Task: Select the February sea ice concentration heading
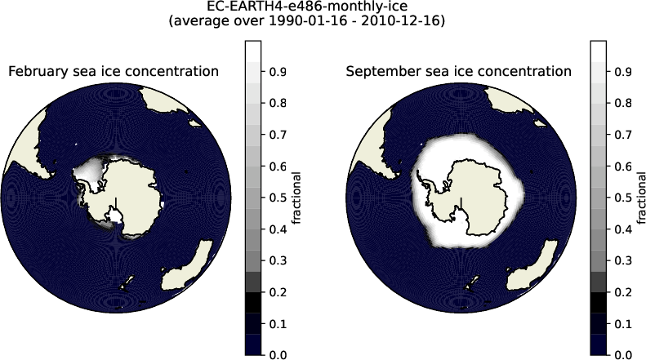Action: [x=114, y=72]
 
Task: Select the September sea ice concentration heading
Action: [x=458, y=72]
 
